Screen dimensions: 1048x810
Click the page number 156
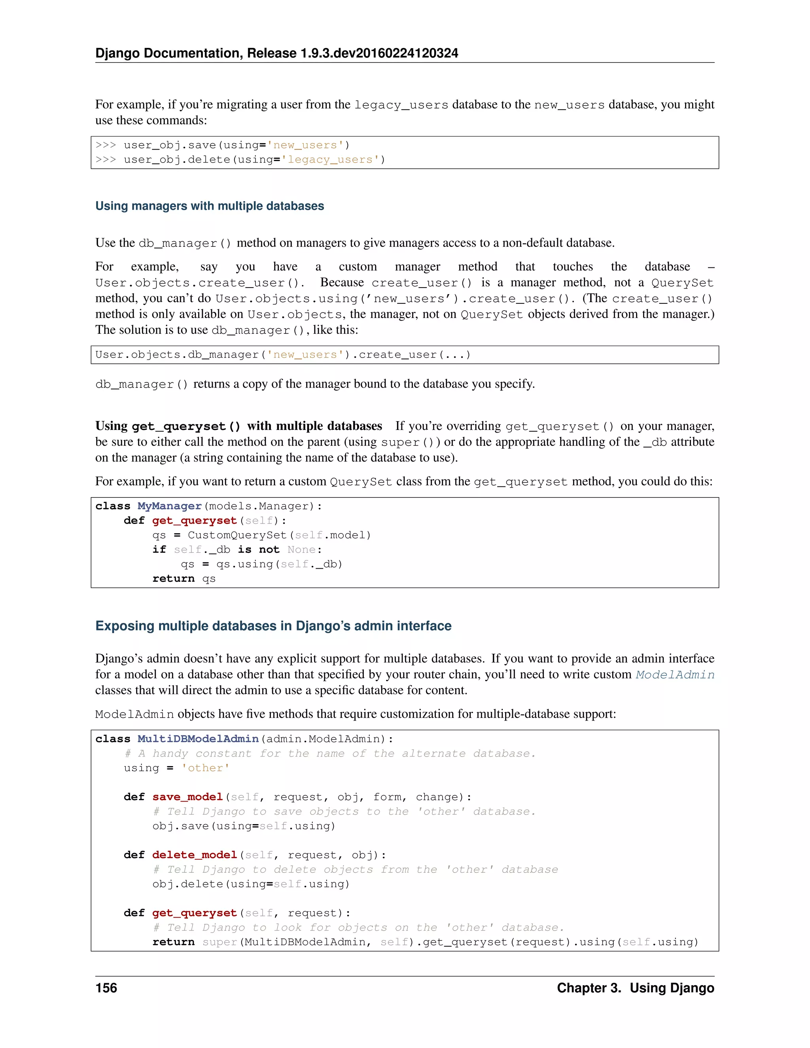pyautogui.click(x=106, y=988)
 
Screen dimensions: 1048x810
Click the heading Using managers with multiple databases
pyautogui.click(x=210, y=206)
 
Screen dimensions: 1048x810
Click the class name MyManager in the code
pyautogui.click(x=169, y=506)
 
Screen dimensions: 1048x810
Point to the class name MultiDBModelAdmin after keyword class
pyautogui.click(x=198, y=739)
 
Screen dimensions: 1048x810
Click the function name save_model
pyautogui.click(x=187, y=797)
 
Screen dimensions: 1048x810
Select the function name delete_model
pyautogui.click(x=194, y=855)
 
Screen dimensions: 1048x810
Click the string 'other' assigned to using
pyautogui.click(x=205, y=768)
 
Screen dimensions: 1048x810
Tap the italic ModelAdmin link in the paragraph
pyautogui.click(x=675, y=675)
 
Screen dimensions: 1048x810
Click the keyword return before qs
pyautogui.click(x=173, y=579)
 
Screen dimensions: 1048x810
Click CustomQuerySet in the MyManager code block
pyautogui.click(x=237, y=535)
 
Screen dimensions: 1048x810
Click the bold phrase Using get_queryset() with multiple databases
pyautogui.click(x=238, y=426)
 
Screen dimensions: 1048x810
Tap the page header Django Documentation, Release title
pyautogui.click(x=276, y=53)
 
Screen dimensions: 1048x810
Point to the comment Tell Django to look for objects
pyautogui.click(x=358, y=927)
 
